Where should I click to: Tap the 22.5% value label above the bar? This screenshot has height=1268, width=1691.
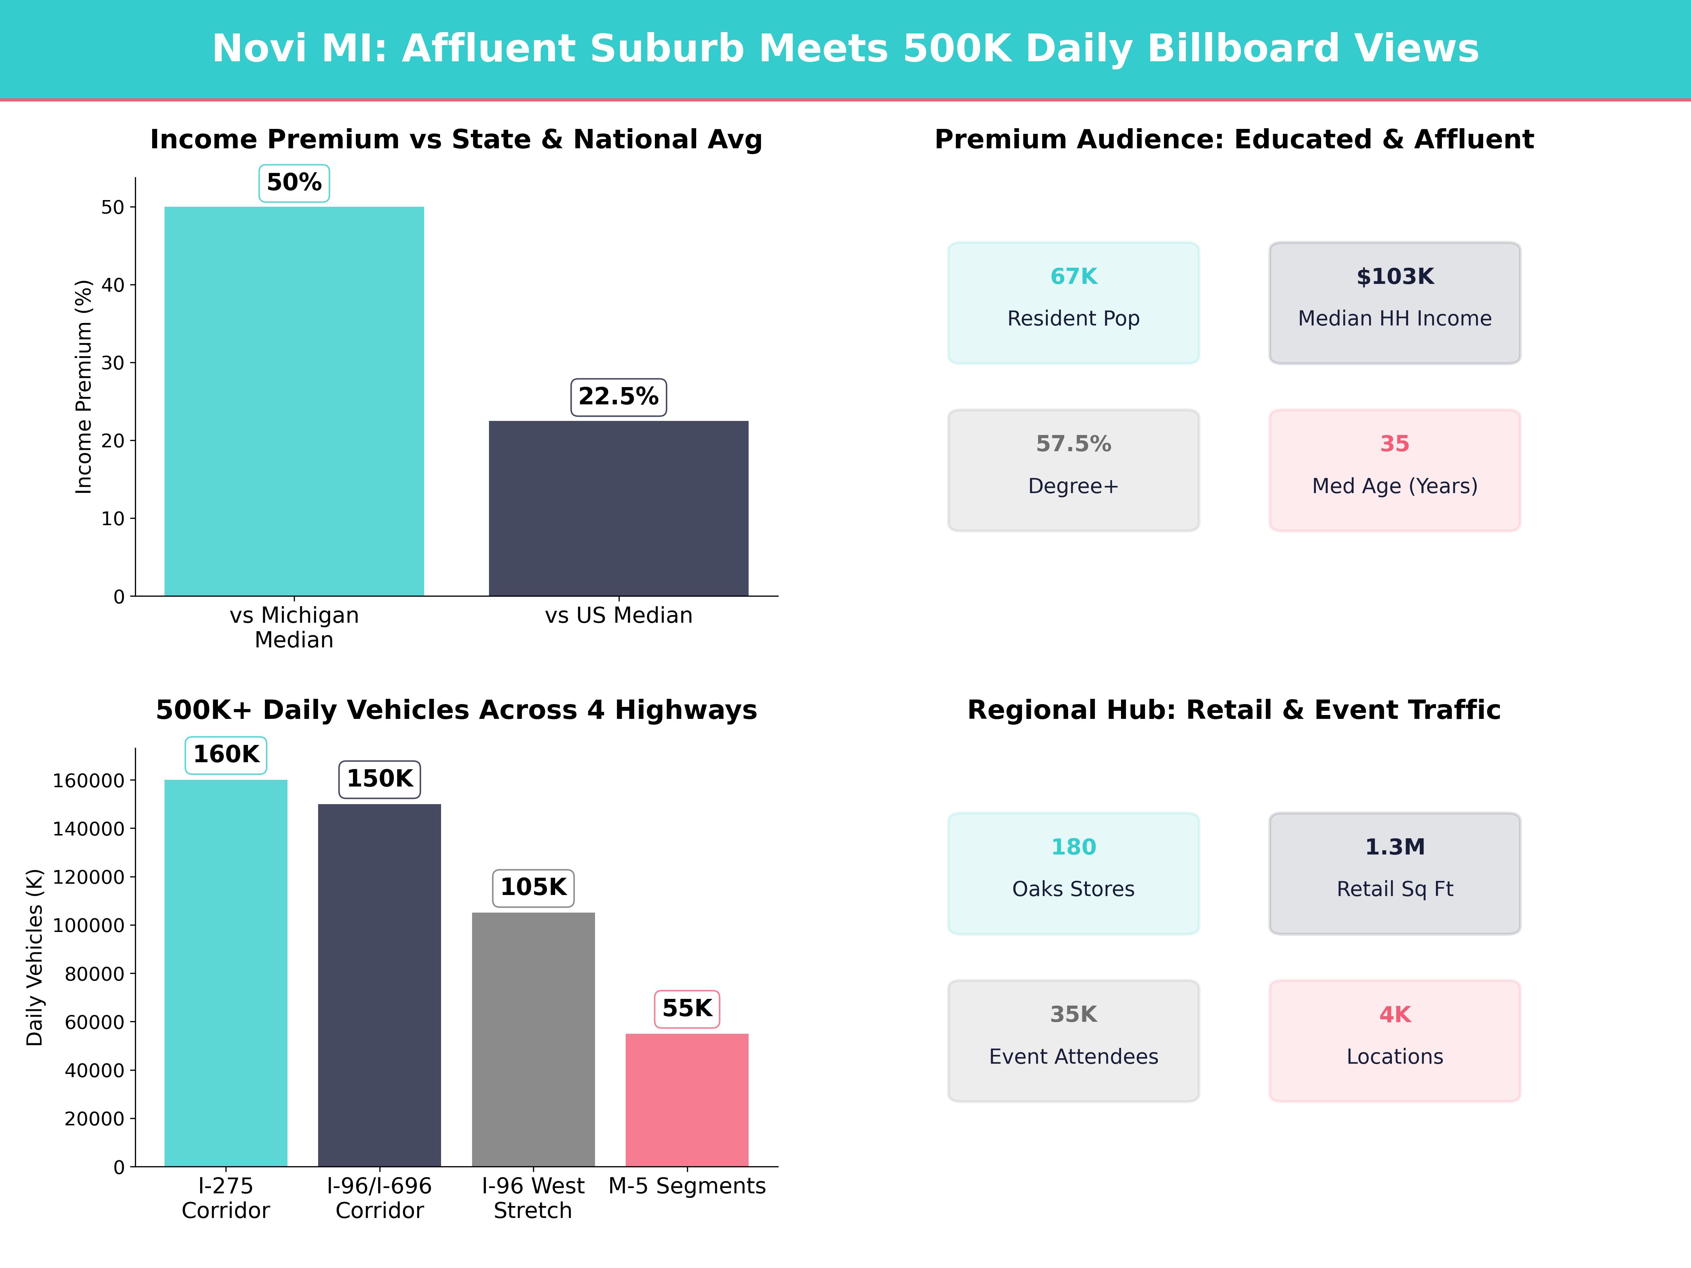point(619,397)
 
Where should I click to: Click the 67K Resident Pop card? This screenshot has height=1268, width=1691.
point(1073,303)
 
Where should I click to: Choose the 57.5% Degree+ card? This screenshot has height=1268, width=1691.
point(1073,470)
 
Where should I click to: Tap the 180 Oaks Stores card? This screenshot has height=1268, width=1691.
point(1073,873)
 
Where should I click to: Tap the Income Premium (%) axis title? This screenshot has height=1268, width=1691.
point(83,387)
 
